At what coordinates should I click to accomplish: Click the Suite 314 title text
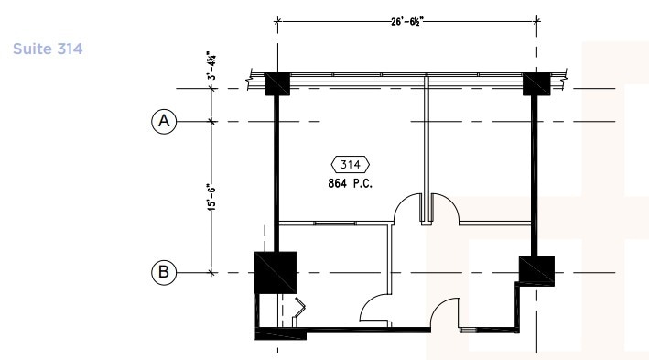click(48, 49)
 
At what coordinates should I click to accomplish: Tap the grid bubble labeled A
click(164, 122)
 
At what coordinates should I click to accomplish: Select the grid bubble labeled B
click(164, 272)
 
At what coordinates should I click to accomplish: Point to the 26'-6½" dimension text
click(407, 22)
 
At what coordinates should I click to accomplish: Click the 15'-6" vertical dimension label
click(211, 197)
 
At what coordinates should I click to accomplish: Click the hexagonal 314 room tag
click(351, 165)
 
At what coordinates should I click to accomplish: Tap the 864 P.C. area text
click(351, 183)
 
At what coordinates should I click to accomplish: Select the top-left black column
click(277, 84)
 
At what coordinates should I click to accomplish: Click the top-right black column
click(536, 84)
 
